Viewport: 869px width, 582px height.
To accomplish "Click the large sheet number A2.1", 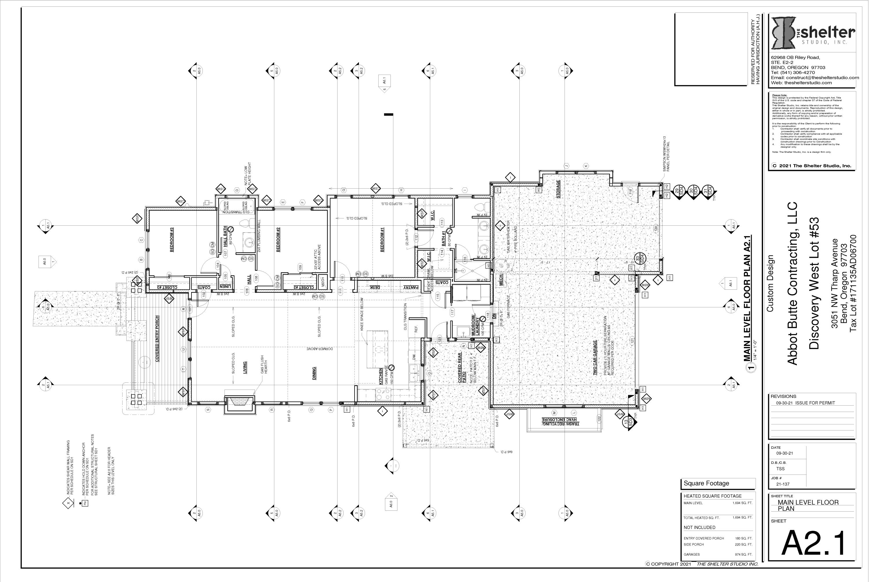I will tap(813, 544).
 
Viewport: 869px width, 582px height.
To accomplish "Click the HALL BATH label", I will tap(225, 236).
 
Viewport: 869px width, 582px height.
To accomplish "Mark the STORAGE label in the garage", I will tap(558, 189).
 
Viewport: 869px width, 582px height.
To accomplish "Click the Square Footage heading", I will tap(706, 483).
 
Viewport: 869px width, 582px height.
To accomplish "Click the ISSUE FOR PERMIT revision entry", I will tap(803, 403).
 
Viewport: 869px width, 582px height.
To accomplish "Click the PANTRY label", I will tap(412, 287).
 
